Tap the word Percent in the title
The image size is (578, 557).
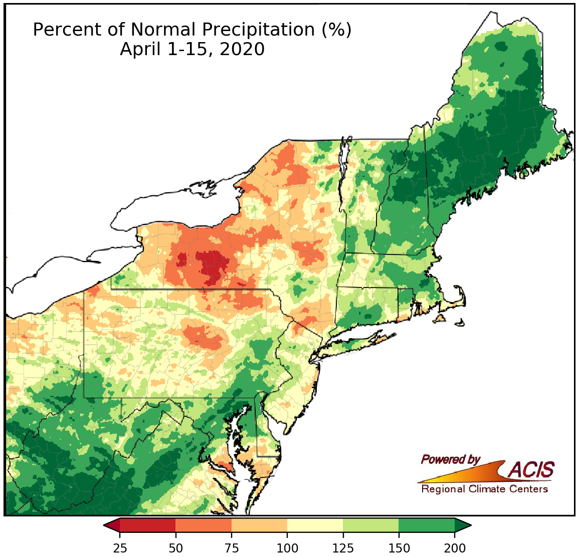pos(64,30)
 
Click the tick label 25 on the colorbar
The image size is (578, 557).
pos(119,547)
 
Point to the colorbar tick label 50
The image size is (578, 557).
pos(175,547)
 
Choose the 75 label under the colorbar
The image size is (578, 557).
pos(231,547)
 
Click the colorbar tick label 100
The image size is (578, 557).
pos(287,547)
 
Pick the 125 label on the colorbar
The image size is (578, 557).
pos(343,547)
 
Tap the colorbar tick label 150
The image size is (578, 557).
pos(399,547)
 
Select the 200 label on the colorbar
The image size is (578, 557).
pos(455,547)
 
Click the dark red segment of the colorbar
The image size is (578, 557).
pos(147,525)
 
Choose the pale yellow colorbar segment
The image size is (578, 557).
pos(315,525)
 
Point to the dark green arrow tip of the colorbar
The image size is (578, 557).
pos(463,525)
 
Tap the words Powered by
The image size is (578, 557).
pos(450,459)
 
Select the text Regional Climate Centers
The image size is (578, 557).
pos(484,489)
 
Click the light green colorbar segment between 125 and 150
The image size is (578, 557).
pos(371,525)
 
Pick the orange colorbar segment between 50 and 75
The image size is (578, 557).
pos(203,525)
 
